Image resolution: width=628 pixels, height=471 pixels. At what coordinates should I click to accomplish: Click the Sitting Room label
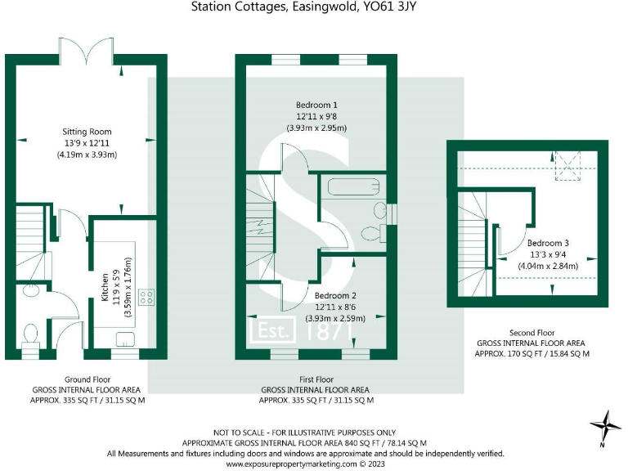tap(87, 132)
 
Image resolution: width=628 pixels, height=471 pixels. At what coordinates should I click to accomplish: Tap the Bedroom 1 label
tap(317, 105)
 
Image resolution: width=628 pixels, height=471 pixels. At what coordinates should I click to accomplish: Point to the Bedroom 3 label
tap(548, 243)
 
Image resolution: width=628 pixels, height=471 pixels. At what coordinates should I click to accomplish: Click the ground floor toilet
tap(30, 334)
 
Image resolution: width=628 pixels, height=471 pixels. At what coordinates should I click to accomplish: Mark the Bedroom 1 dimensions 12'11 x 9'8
tap(317, 117)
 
